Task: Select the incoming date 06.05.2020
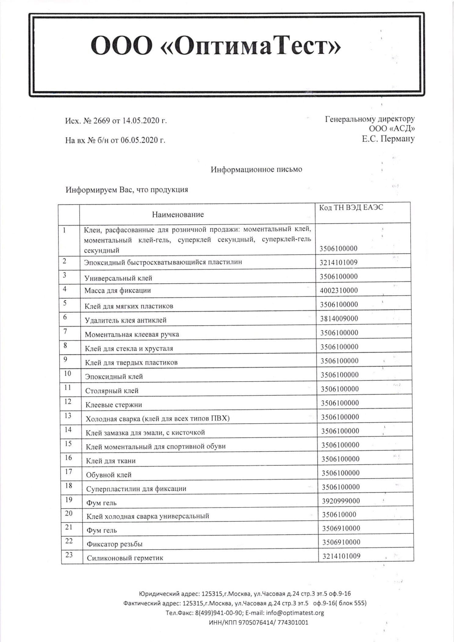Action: coord(140,140)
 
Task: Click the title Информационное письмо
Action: coord(256,169)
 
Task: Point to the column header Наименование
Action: coord(178,215)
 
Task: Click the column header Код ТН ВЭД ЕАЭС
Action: coord(351,208)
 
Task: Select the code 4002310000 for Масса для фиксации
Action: coord(339,290)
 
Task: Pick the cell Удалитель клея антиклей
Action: coord(126,320)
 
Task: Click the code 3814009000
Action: coord(339,319)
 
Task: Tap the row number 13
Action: coord(68,416)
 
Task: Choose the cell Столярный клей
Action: coord(112,391)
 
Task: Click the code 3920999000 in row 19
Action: coord(341,501)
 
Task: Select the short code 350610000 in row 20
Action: coord(339,515)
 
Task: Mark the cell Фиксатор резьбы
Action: coord(114,544)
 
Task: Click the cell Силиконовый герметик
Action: coord(125,558)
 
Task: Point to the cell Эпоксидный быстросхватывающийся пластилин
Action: coord(163,262)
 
